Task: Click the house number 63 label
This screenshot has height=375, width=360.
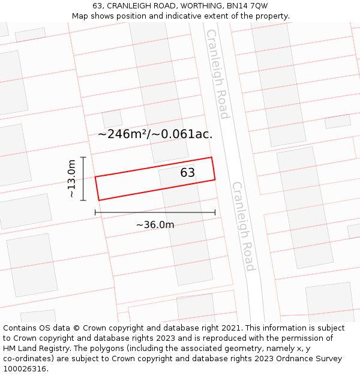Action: click(x=187, y=173)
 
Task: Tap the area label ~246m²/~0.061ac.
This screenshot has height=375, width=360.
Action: click(x=155, y=134)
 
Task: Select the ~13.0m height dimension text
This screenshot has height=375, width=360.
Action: click(x=72, y=178)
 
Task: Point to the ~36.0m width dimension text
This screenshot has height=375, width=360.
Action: click(x=155, y=225)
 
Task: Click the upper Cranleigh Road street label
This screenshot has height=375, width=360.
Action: click(x=217, y=73)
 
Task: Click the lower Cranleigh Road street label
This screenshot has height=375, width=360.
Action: click(x=244, y=226)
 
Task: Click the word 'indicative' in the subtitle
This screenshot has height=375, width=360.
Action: click(x=182, y=16)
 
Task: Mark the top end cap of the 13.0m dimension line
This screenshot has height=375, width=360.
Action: click(x=83, y=157)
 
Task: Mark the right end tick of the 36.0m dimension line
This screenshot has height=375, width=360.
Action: click(x=215, y=212)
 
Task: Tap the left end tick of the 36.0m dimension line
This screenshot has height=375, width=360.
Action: click(x=95, y=212)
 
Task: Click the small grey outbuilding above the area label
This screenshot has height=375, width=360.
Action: click(x=112, y=119)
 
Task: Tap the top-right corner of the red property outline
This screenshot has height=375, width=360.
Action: click(x=212, y=157)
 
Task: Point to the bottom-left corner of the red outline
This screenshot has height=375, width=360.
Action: click(x=98, y=200)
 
